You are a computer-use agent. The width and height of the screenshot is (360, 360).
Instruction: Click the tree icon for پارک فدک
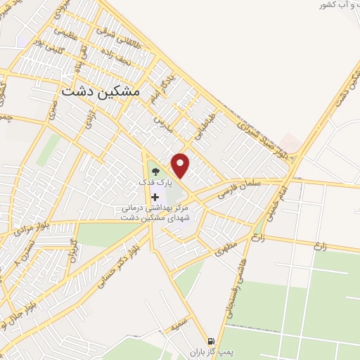point(155,171)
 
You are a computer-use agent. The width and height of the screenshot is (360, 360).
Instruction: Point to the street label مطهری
point(226,249)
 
